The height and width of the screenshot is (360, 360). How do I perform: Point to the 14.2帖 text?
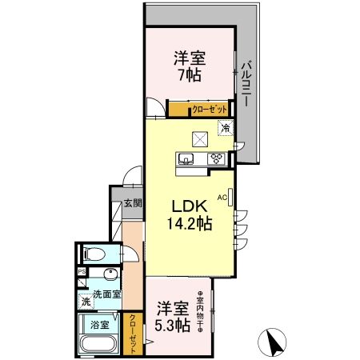click(x=190, y=224)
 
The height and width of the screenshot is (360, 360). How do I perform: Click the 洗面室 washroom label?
click(x=106, y=294)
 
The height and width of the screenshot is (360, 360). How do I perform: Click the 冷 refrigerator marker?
click(x=226, y=127)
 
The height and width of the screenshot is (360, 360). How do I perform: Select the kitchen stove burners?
click(x=216, y=158)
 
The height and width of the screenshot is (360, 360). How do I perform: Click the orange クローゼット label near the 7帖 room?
click(x=210, y=109)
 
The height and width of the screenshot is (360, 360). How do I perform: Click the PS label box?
click(x=82, y=271)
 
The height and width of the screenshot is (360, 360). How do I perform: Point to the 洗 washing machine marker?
click(x=85, y=302)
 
